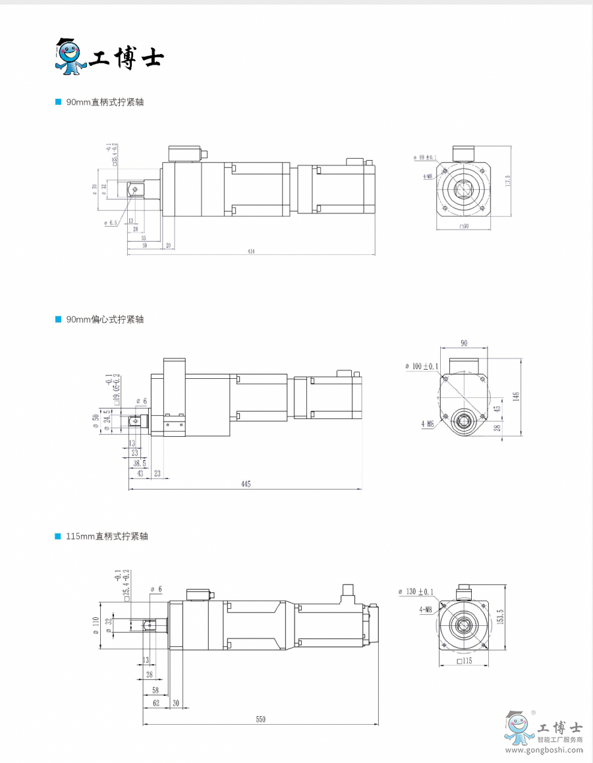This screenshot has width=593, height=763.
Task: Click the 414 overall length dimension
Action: point(251,251)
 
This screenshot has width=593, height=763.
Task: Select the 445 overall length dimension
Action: point(246,484)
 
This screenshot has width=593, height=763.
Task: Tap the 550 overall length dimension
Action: point(261,720)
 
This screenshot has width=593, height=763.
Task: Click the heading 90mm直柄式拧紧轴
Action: point(105,102)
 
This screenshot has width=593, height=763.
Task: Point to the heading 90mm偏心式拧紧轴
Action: point(105,319)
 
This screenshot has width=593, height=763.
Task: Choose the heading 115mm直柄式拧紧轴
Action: point(107,536)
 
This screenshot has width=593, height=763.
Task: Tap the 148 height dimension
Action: point(517,396)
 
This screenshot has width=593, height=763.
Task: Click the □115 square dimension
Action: point(465,660)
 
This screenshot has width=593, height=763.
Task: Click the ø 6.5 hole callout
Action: point(111,223)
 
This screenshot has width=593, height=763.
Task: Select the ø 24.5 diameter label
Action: point(106,420)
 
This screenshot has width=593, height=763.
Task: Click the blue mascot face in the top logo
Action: point(67,55)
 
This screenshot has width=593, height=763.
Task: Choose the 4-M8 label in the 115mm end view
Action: point(426,610)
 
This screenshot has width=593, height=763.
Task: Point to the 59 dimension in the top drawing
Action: point(144,245)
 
